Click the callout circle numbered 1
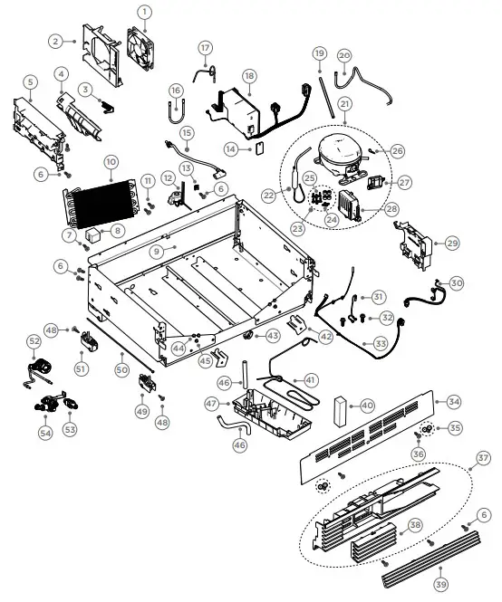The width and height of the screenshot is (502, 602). (143, 12)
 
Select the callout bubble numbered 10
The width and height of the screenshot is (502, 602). (111, 163)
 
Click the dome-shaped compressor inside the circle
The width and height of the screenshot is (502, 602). (342, 148)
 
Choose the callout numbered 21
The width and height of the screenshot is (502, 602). (345, 104)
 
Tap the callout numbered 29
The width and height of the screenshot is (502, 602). (452, 243)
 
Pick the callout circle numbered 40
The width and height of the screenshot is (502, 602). (367, 406)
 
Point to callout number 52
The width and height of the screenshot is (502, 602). (34, 341)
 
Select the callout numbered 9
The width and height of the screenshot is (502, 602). (157, 251)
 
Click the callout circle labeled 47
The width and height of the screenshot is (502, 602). (212, 405)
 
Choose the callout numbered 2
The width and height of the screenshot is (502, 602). (56, 42)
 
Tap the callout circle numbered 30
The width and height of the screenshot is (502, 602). (456, 283)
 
